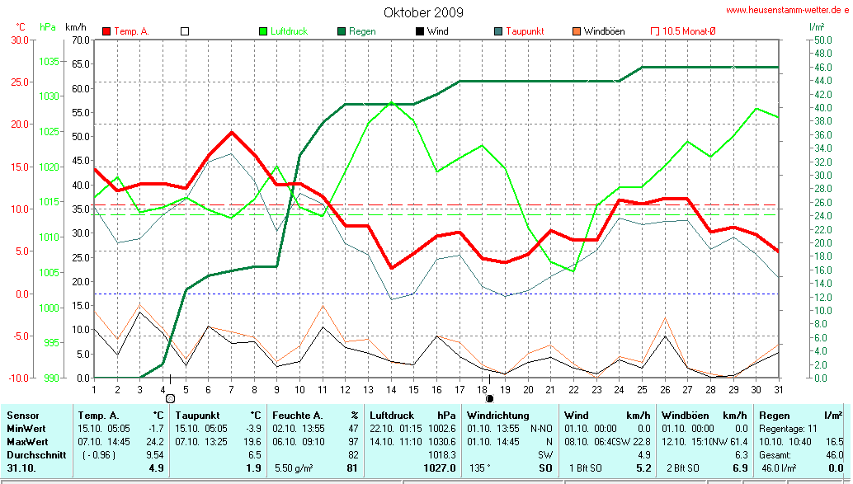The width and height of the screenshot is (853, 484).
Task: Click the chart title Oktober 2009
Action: pos(423,12)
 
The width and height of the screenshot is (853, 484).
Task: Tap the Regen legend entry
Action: pos(361,31)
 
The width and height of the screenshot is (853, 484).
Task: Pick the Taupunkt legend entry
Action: pos(524,31)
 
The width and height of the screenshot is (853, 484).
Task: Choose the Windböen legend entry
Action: pos(604,31)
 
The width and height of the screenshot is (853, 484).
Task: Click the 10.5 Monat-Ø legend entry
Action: pos(689,31)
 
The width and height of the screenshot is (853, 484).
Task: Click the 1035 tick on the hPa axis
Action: pos(49,61)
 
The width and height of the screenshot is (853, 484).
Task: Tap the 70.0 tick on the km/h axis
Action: pos(80,40)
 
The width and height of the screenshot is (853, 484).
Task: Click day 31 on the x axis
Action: pos(778,388)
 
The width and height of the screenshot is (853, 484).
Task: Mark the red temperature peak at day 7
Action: pos(232,132)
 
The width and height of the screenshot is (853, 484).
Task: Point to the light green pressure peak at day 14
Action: pos(392,102)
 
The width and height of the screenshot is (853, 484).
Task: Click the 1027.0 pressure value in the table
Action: pos(439,468)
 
